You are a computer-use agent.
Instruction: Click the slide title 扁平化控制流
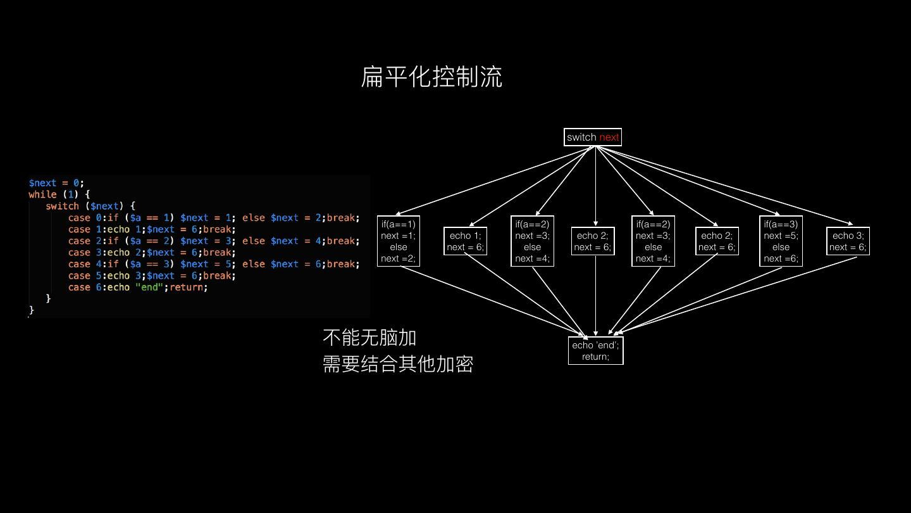[431, 77]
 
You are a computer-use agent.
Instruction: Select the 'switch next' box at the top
[592, 137]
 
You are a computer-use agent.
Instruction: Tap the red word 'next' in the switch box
[609, 137]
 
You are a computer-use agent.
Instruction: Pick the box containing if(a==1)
[399, 241]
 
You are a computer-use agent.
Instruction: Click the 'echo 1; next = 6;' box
[465, 241]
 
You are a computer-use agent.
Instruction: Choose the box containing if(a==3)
[781, 241]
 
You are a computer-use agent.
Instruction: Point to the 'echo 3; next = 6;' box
[848, 241]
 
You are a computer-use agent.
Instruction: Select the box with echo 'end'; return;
[595, 351]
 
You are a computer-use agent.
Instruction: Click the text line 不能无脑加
[369, 338]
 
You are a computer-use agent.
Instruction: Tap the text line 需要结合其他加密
[398, 364]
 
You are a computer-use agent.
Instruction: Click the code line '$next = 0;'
[56, 183]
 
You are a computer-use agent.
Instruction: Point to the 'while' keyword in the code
[42, 194]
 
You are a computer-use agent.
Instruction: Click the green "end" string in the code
[149, 287]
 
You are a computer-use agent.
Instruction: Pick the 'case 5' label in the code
[82, 275]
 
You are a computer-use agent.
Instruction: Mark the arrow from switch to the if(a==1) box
[493, 180]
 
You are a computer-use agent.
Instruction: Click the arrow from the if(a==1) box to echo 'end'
[493, 301]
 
